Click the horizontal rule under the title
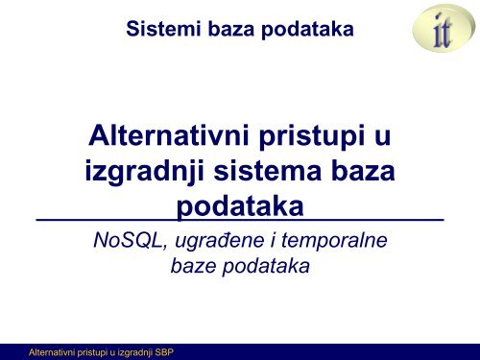pos(240,222)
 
